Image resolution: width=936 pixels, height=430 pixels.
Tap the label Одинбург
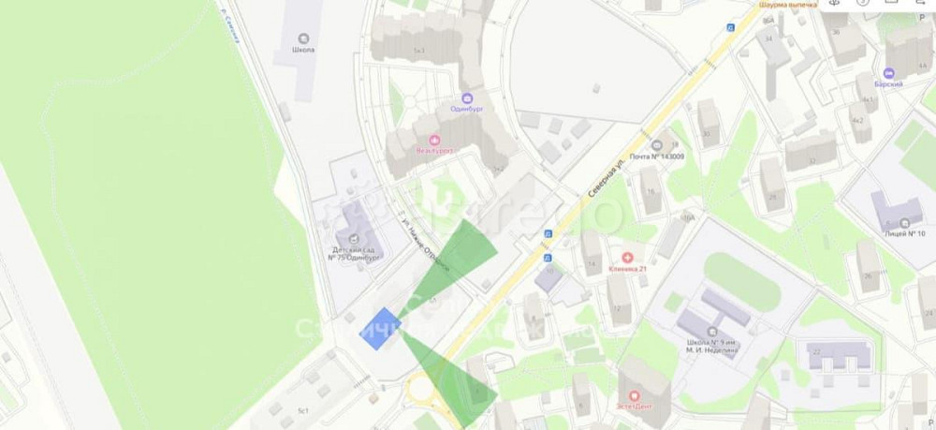click(465, 109)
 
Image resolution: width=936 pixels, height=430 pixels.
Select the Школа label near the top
click(302, 51)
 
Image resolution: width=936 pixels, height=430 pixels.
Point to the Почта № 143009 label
click(656, 156)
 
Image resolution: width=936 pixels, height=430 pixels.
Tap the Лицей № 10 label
click(904, 233)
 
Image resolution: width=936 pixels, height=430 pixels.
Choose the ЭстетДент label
click(636, 407)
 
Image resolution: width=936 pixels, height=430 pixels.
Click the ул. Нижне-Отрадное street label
click(424, 247)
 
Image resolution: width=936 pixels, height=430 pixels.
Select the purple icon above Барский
click(888, 71)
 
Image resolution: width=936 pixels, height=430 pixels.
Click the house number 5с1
click(302, 411)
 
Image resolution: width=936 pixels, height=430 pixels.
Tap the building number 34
click(768, 39)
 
